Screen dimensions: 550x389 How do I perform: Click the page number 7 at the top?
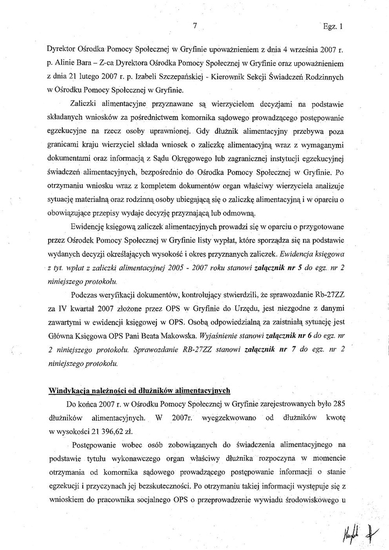click(x=195, y=25)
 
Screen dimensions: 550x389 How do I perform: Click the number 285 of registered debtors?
click(x=337, y=403)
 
